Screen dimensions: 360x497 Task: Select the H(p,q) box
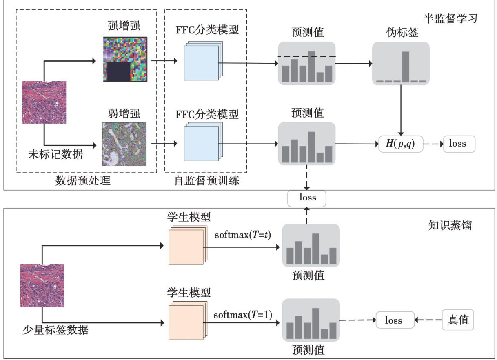tap(401, 144)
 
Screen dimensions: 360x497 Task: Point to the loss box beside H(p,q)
tap(459, 144)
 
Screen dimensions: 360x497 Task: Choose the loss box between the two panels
tap(308, 198)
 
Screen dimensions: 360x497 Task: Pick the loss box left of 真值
tap(393, 320)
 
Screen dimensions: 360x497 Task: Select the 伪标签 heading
tap(401, 33)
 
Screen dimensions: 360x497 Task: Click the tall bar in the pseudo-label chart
tap(405, 67)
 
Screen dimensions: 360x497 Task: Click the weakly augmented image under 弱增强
tap(124, 144)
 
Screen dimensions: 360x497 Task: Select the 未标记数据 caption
tap(55, 155)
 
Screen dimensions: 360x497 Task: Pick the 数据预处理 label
tap(83, 180)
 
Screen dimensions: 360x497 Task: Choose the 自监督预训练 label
tap(206, 180)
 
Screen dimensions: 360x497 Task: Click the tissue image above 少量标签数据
tap(42, 285)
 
